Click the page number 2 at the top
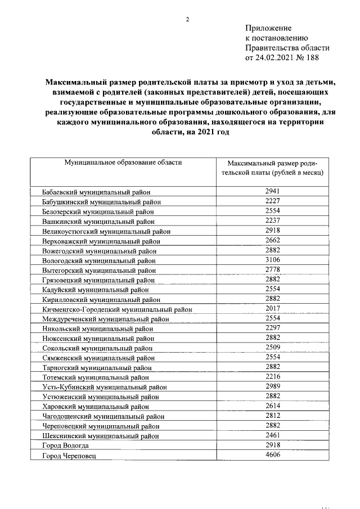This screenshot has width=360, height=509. click(187, 20)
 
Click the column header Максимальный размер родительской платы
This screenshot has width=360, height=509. click(272, 167)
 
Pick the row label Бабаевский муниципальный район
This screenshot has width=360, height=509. click(100, 192)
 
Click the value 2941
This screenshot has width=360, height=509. click(272, 191)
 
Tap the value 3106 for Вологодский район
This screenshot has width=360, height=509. click(272, 260)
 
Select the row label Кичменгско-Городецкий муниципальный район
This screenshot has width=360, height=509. click(118, 309)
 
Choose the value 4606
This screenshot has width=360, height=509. click(272, 455)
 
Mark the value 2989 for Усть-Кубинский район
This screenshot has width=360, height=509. click(272, 386)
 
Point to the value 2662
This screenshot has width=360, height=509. click(272, 240)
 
